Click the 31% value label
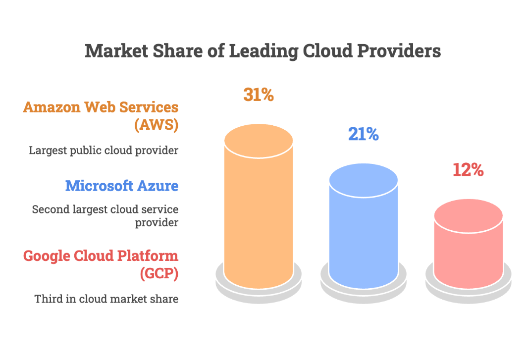[x=259, y=95]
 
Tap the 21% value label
[x=363, y=134]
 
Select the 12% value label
[x=468, y=170]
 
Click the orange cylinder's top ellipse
[x=259, y=141]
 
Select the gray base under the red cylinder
[x=468, y=293]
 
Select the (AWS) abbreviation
[x=156, y=125]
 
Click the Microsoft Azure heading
[x=122, y=186]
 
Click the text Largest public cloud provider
[x=104, y=150]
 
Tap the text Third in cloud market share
[x=106, y=299]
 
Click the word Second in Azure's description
[x=48, y=209]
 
